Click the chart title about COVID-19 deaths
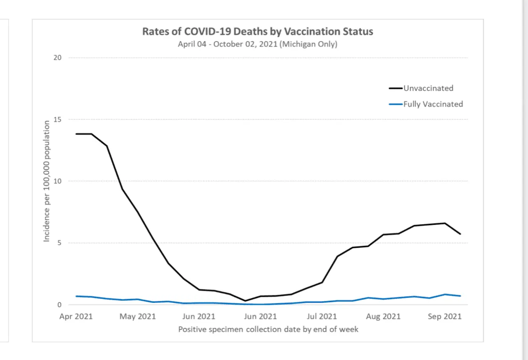point(258,32)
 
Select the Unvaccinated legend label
point(428,88)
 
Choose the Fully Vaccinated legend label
point(433,104)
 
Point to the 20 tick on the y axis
point(57,58)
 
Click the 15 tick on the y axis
point(57,119)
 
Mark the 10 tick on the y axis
point(57,181)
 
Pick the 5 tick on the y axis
point(59,243)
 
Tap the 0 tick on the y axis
point(59,305)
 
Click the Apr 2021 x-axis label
point(76,316)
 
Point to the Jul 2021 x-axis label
point(322,316)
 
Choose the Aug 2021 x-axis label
point(383,316)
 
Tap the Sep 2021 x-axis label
point(445,316)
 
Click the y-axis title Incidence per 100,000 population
point(47,181)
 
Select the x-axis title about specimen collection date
point(268,329)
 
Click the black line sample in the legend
point(396,88)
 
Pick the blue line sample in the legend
point(396,105)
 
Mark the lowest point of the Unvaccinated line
point(245,301)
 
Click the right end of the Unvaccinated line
point(461,234)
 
